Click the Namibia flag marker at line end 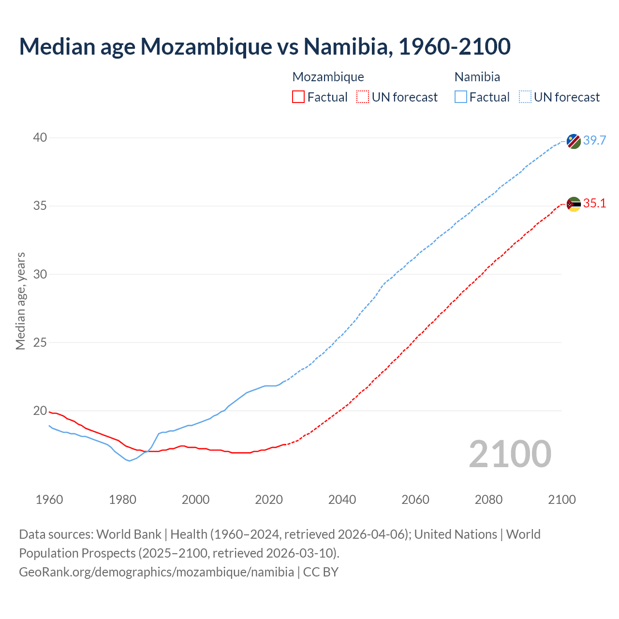click(x=574, y=141)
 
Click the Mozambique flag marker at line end click(x=574, y=204)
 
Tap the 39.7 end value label click(x=594, y=141)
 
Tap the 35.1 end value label click(x=594, y=204)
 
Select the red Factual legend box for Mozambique click(x=298, y=97)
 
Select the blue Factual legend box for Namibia click(x=461, y=97)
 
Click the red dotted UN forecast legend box click(x=363, y=97)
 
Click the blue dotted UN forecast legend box click(x=525, y=97)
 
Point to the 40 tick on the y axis click(x=40, y=138)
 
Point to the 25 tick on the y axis click(x=40, y=343)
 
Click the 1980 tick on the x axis click(x=122, y=500)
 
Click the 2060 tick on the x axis click(x=415, y=500)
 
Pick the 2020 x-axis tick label click(x=269, y=500)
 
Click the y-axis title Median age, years click(x=20, y=301)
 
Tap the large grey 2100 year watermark click(x=510, y=454)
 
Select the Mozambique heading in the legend click(x=328, y=77)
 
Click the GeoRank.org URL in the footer click(x=156, y=572)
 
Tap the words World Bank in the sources click(x=129, y=534)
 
